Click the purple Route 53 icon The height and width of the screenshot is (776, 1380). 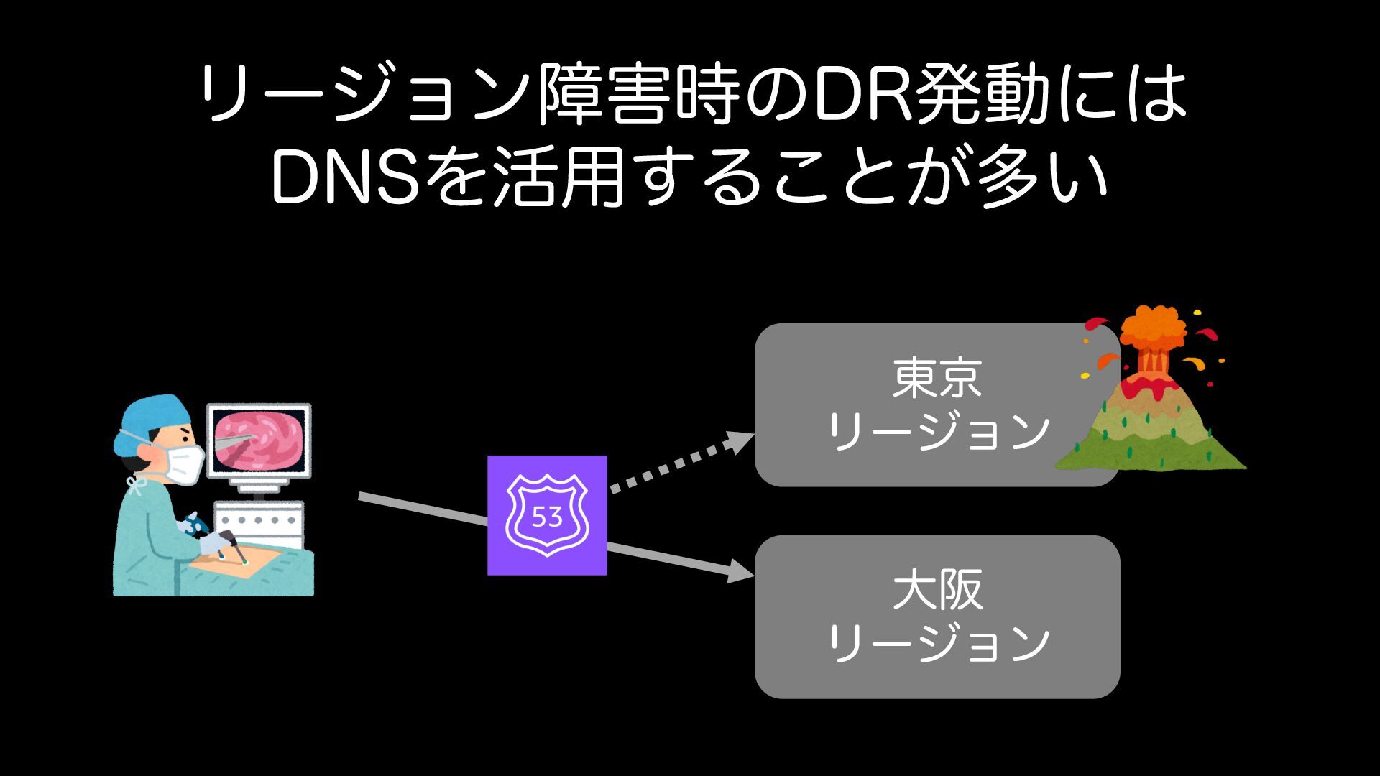click(547, 514)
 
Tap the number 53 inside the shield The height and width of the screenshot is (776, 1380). click(547, 517)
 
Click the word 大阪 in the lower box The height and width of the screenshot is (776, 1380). click(937, 590)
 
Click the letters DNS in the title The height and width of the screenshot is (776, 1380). click(345, 177)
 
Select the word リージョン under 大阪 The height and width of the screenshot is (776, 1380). click(938, 643)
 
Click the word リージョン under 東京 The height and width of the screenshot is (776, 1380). click(938, 431)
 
